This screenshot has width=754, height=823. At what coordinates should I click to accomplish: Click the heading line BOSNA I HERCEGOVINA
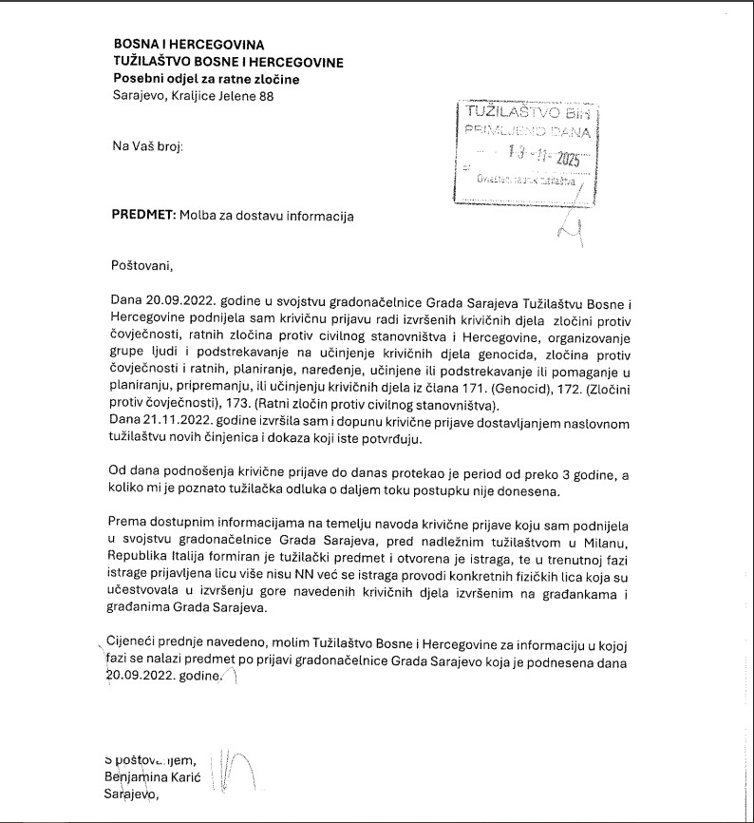188,45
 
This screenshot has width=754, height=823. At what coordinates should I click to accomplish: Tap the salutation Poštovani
143,263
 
